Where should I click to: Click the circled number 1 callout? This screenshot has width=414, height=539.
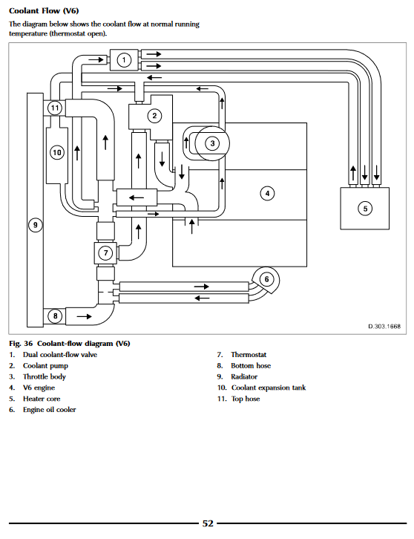coord(124,60)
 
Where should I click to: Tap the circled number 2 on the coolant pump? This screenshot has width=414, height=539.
coord(154,116)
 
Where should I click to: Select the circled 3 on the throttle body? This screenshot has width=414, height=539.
coord(212,143)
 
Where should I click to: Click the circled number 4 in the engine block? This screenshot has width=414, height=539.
coord(267,193)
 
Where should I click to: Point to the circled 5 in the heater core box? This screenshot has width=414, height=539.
coord(365,209)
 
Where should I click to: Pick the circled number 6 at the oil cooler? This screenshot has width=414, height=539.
coord(266,279)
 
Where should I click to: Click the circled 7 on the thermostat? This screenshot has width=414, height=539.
coord(105,253)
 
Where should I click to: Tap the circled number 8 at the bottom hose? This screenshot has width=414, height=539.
coord(56,316)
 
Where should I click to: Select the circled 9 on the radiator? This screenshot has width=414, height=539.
coord(35,225)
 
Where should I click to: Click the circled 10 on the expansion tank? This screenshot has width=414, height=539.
coord(57,152)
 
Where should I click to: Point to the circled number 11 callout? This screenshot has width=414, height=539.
coord(55,108)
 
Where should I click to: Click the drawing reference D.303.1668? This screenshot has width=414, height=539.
coord(384,326)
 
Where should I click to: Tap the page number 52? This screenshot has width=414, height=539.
coord(208,523)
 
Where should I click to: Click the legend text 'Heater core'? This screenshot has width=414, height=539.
coord(42,399)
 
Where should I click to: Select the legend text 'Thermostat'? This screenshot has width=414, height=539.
coord(249,354)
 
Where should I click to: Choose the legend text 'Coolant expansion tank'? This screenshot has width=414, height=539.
coord(269,388)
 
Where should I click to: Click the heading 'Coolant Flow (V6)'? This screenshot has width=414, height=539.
coord(44,10)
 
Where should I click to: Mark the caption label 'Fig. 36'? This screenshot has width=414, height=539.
coord(21,344)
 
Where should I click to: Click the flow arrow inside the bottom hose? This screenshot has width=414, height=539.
coord(84,316)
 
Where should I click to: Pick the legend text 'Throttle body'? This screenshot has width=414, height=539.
coord(45,376)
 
